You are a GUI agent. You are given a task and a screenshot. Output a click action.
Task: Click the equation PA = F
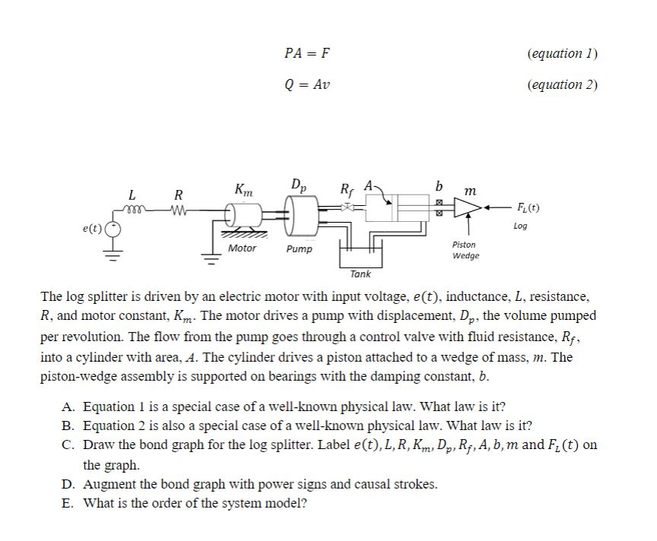click(307, 53)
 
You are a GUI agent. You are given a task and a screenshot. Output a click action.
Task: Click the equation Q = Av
click(307, 84)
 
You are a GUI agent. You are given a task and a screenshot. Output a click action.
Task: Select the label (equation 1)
click(562, 53)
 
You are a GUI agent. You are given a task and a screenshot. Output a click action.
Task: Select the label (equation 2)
click(562, 84)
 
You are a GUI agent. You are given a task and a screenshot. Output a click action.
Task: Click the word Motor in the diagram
click(242, 248)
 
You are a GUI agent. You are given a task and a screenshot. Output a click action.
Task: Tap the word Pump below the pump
click(299, 248)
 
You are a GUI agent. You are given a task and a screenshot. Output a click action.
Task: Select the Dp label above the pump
click(299, 185)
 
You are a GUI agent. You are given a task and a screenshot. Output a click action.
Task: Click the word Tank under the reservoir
click(360, 274)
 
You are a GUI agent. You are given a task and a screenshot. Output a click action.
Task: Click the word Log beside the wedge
click(520, 226)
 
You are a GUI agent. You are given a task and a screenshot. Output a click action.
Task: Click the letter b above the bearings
click(437, 186)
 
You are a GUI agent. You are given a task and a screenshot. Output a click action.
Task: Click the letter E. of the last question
click(69, 503)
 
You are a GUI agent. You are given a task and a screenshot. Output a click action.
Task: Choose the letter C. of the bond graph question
click(69, 445)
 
